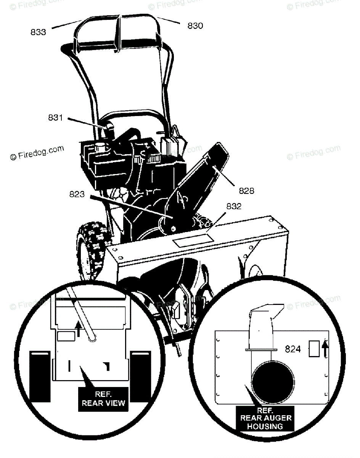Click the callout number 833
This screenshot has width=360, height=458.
pos(38,32)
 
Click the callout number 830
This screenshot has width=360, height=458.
pos(195,26)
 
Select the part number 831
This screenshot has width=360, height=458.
pos(55,118)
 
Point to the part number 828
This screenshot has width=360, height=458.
pos(246,190)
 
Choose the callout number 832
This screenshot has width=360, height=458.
pos(234,206)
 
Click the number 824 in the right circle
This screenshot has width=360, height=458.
pos(293,349)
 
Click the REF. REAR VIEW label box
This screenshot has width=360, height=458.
pos(103,399)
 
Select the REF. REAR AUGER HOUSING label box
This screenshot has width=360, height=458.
pos(265,418)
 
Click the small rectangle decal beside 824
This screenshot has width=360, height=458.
pos(313,349)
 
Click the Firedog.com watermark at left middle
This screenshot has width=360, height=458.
pos(37,152)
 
